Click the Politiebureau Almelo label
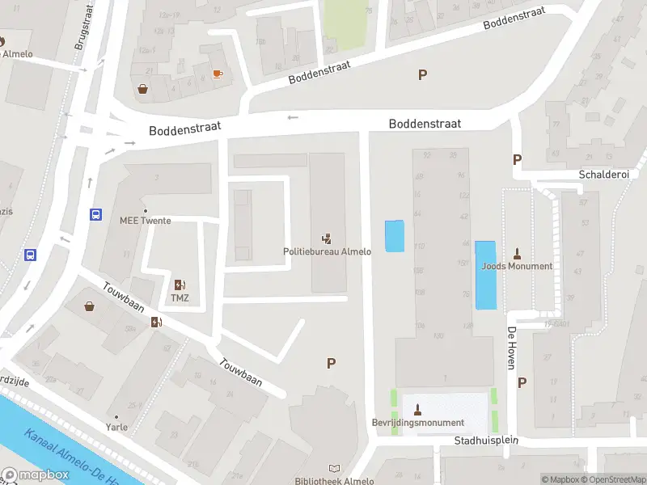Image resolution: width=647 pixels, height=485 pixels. [x=327, y=251]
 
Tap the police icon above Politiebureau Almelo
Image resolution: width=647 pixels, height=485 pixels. [x=327, y=238]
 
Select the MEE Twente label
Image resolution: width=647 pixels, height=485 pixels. [x=146, y=221]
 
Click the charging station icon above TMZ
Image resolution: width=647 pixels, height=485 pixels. [x=180, y=285]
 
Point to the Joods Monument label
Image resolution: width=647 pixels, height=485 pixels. [x=518, y=266]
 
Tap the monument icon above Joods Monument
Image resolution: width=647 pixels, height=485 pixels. [x=518, y=253]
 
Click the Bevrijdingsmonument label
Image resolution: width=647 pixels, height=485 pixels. [x=417, y=423]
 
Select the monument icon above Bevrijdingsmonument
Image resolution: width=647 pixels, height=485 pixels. [x=417, y=408]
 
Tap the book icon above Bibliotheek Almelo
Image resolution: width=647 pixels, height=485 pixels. [x=335, y=468]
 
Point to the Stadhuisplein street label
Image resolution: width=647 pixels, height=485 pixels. [x=486, y=441]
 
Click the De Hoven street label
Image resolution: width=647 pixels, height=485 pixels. [x=511, y=348]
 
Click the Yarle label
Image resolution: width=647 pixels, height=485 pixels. [x=117, y=427]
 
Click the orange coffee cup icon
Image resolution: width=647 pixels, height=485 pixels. [x=217, y=74]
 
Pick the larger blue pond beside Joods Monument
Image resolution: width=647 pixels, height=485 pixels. [x=485, y=275]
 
